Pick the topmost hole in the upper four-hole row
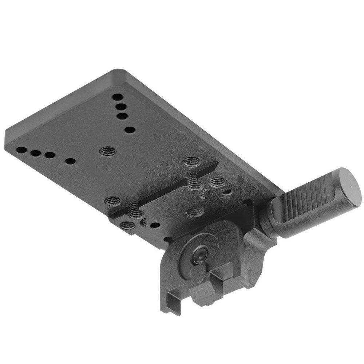click(117, 98)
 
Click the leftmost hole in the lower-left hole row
click(21, 150)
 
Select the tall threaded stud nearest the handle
click(193, 180)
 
